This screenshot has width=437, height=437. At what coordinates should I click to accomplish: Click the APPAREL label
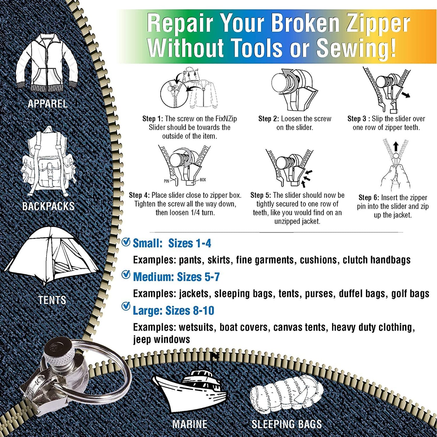tap(47, 104)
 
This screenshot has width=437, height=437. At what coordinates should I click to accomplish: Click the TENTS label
tap(52, 300)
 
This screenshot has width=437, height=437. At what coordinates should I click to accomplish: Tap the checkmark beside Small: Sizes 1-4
tap(126, 242)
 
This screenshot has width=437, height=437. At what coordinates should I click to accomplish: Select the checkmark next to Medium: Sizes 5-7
tap(126, 275)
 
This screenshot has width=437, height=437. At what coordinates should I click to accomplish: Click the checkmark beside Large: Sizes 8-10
tap(126, 306)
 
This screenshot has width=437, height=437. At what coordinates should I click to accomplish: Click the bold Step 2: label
tap(269, 119)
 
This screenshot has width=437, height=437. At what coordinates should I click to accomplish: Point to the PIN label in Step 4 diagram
tap(166, 181)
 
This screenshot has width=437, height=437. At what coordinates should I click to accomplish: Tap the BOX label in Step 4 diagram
tap(203, 180)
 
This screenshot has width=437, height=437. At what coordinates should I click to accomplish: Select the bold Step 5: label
tap(261, 195)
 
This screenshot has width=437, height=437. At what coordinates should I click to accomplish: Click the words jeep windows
tap(161, 339)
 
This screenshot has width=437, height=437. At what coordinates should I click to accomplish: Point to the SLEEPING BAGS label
tap(287, 424)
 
